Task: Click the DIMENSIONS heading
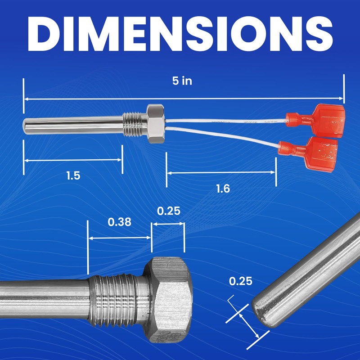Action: click(x=180, y=34)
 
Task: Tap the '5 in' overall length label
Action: click(x=182, y=81)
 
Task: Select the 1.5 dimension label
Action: click(x=73, y=175)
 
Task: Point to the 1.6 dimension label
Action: click(x=223, y=189)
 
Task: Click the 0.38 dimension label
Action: click(x=119, y=222)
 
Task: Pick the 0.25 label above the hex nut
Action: click(x=169, y=211)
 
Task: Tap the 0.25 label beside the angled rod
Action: click(x=241, y=281)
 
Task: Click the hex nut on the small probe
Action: click(x=156, y=124)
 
